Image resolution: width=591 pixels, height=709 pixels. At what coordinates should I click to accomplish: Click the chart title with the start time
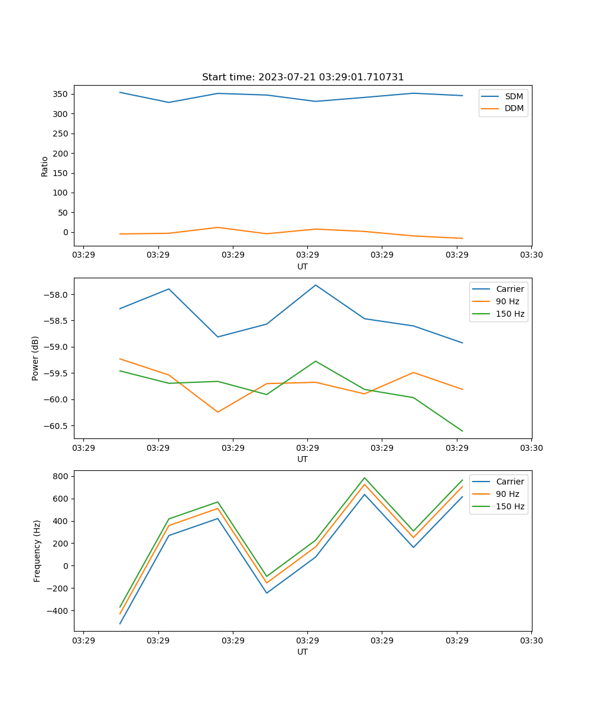click(303, 77)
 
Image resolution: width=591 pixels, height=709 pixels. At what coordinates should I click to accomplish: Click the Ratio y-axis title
click(45, 166)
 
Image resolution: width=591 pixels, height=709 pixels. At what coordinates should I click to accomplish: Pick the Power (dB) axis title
click(35, 358)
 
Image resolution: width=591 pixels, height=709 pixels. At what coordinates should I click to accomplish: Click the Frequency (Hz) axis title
click(37, 551)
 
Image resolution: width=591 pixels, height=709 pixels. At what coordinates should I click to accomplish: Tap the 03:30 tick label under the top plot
click(531, 255)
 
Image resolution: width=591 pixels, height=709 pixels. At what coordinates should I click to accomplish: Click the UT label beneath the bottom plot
click(303, 652)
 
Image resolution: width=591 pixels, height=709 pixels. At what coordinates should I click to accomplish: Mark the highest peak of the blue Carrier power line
click(316, 285)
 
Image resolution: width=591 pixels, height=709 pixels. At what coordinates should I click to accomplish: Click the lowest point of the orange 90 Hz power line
click(217, 412)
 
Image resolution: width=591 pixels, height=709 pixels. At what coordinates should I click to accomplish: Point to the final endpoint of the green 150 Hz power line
click(462, 431)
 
